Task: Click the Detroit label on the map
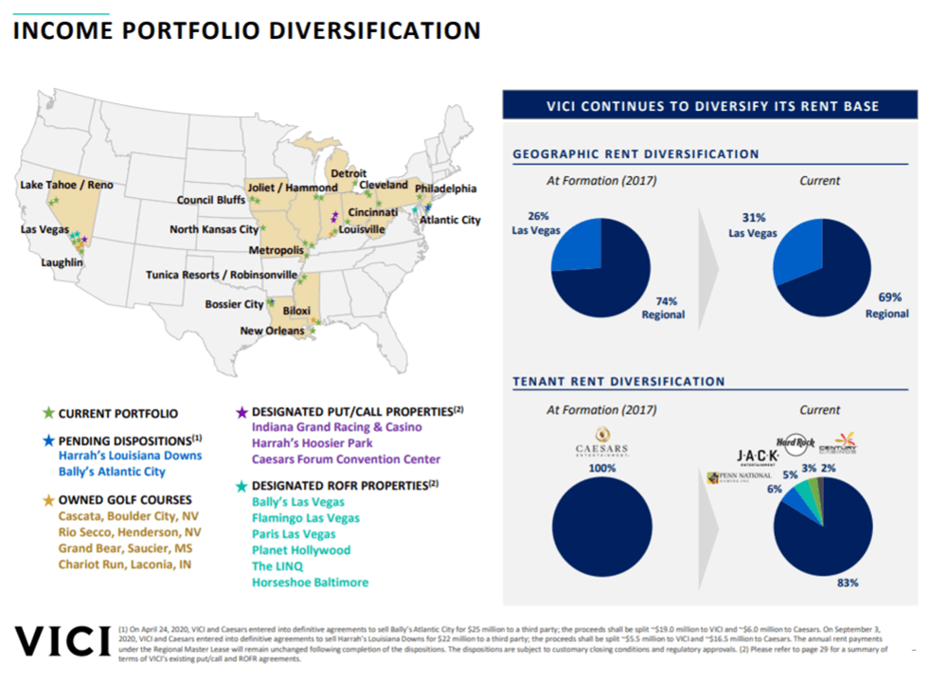347,174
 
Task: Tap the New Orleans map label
272,331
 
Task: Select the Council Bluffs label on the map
210,200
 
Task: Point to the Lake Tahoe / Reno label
66,185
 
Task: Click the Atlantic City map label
450,220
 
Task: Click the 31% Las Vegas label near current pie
754,224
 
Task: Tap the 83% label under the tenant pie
847,583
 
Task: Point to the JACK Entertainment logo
752,458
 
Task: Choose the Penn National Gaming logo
730,477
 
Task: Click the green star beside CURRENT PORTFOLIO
48,414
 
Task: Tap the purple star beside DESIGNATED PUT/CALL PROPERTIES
242,411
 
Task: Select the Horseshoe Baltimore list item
310,583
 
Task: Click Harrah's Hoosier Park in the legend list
312,443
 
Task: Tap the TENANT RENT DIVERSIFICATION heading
618,382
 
